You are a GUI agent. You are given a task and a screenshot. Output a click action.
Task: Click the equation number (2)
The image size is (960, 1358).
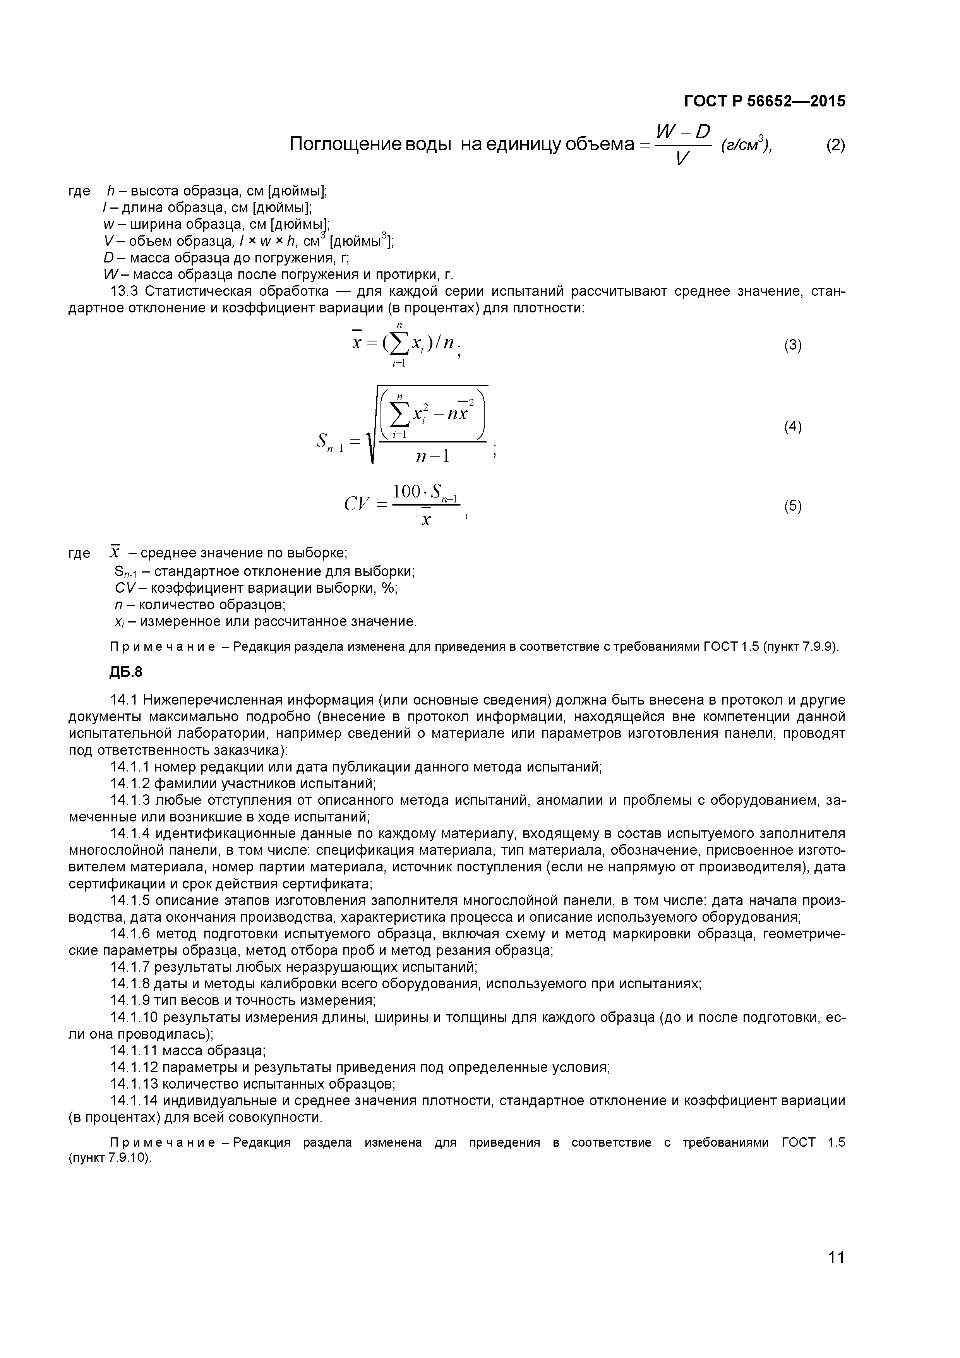835,145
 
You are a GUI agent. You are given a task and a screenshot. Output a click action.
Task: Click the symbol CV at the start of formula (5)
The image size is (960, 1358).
357,504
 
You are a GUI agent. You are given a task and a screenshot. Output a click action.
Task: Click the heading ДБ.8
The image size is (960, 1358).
126,672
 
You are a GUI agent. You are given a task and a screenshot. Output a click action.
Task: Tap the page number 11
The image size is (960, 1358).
836,1274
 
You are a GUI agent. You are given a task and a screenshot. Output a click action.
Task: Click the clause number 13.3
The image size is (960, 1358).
124,291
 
